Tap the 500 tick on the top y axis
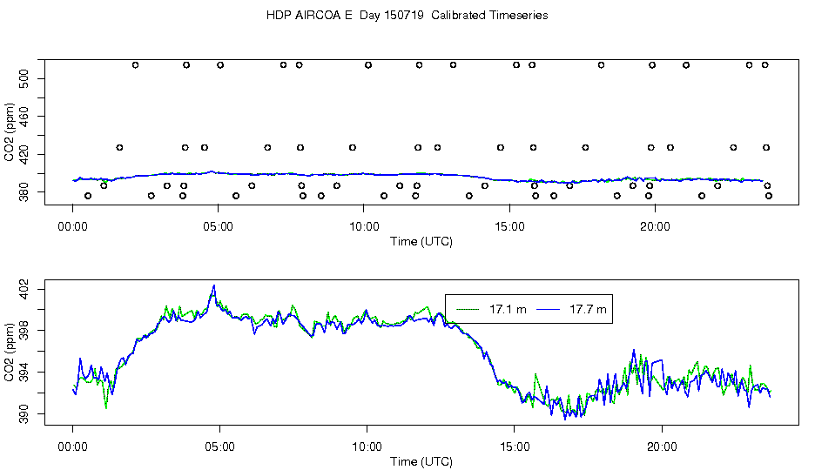click(x=25, y=78)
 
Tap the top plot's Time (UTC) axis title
click(x=421, y=241)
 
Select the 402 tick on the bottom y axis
click(x=25, y=287)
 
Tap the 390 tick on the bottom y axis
click(x=25, y=415)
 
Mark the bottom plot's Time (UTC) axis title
click(x=421, y=461)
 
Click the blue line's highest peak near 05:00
click(x=213, y=285)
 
